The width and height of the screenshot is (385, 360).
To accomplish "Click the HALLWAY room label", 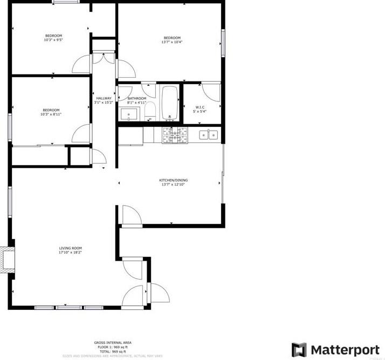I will [104, 98].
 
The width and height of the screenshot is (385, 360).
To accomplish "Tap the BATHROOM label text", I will [136, 98].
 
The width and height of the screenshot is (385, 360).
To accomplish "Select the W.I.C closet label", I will [201, 107].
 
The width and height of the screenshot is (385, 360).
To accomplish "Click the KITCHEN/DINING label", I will [173, 180].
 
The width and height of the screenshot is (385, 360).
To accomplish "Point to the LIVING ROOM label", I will [71, 248].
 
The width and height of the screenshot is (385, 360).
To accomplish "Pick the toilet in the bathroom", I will [150, 112].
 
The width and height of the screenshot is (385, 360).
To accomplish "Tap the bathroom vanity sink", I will [129, 114].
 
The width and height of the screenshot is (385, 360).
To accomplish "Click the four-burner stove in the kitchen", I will [175, 135].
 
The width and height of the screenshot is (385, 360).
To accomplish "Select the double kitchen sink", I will [208, 135].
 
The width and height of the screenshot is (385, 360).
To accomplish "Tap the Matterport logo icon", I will [299, 349].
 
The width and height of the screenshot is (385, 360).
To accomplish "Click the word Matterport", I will [341, 349].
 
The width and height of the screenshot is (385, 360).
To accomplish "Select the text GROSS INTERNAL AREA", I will [113, 343].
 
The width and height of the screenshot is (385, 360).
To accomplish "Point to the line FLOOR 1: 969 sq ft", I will [112, 347].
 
